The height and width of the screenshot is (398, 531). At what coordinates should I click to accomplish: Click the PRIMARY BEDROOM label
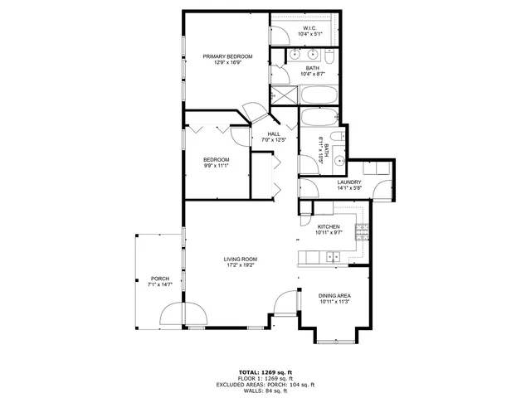coord(227,56)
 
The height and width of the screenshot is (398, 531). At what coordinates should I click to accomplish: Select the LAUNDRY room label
coord(348,182)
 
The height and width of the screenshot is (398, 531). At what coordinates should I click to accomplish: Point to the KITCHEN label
coord(329,227)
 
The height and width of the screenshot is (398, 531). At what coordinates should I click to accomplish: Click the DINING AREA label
coord(334,296)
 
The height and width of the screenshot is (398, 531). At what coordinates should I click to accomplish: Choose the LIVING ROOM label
coord(240,260)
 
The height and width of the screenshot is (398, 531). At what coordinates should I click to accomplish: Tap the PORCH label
coord(160,279)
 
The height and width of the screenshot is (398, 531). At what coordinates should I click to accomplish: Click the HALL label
coord(273,134)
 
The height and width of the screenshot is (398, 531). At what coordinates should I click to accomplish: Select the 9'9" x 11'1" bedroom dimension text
coord(216,165)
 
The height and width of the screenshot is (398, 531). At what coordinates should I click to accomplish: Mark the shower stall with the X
coord(281,95)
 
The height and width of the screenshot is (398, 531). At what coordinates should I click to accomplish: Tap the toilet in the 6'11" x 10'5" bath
coord(337,137)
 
